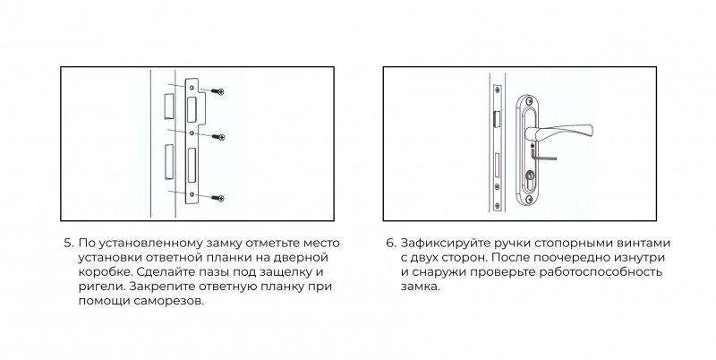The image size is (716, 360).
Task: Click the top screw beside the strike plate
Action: pyautogui.click(x=217, y=91)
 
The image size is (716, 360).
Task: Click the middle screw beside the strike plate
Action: pyautogui.click(x=217, y=137)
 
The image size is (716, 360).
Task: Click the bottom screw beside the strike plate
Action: pyautogui.click(x=217, y=198)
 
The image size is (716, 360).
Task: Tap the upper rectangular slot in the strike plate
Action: pyautogui.click(x=192, y=109)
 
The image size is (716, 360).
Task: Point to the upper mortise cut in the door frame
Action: pyautogui.click(x=169, y=106)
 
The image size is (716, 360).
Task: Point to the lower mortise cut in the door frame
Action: pyautogui.click(x=169, y=161)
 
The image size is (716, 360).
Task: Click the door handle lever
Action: pyautogui.click(x=559, y=133)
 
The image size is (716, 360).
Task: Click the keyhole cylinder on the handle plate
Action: pyautogui.click(x=530, y=176)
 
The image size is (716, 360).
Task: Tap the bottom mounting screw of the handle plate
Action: pyautogui.click(x=529, y=199)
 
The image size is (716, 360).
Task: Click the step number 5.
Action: pyautogui.click(x=68, y=243)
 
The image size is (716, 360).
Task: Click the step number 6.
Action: pyautogui.click(x=390, y=243)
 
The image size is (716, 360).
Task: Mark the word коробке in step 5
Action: pyautogui.click(x=106, y=272)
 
